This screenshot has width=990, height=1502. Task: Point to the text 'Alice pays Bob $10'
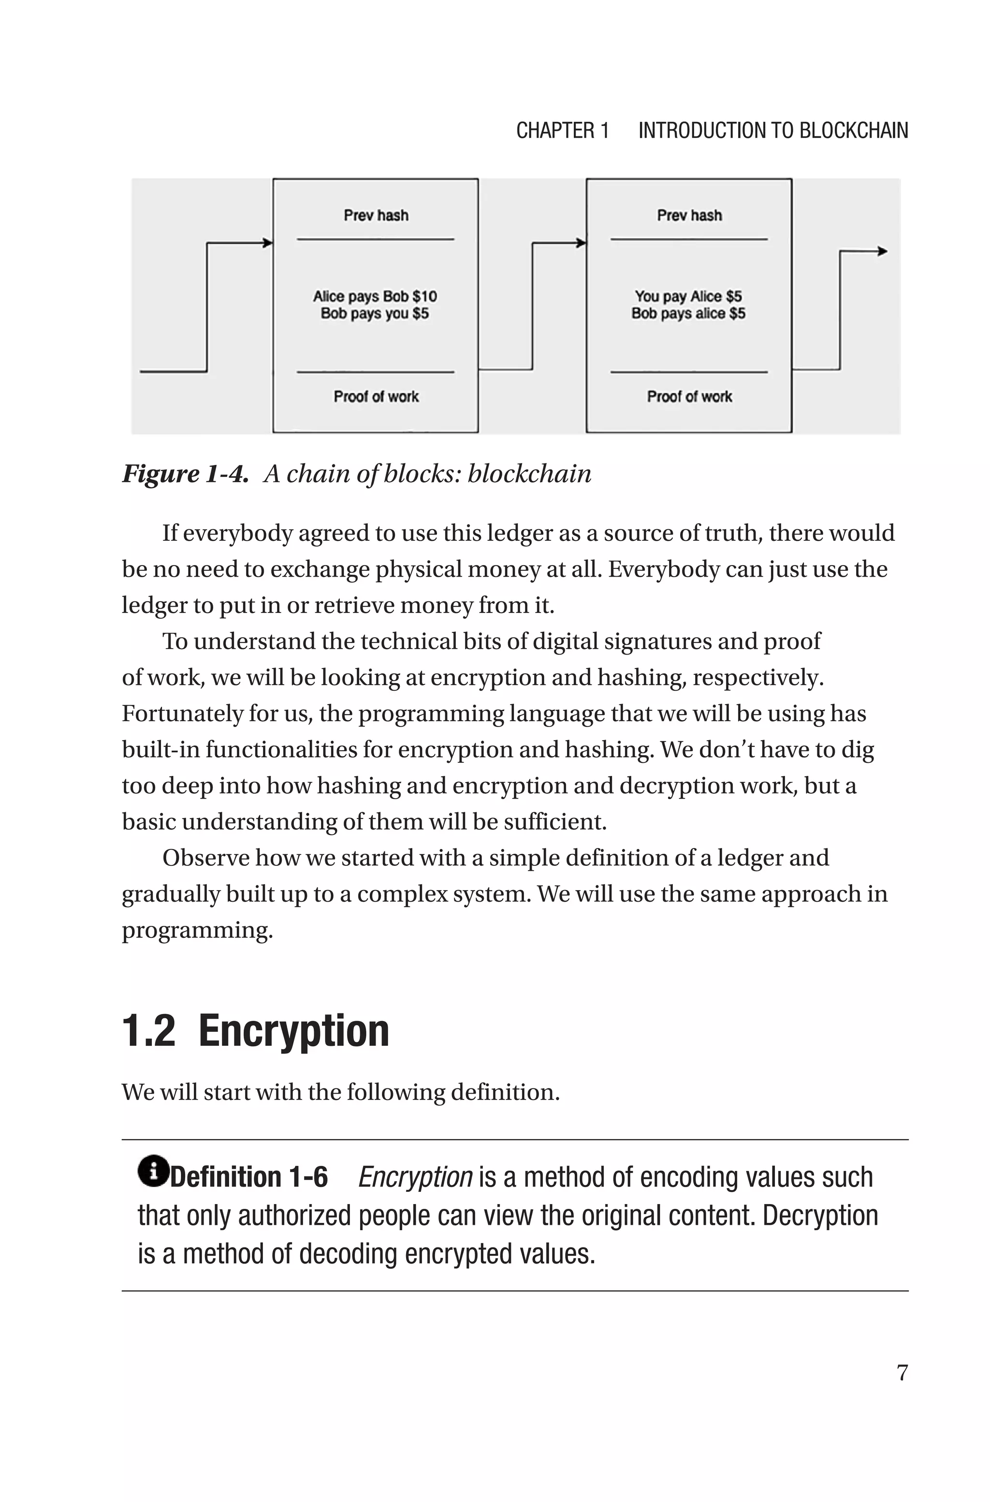pyautogui.click(x=375, y=296)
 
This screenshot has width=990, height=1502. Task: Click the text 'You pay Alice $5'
pyautogui.click(x=688, y=296)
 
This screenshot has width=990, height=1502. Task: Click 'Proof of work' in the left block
pyautogui.click(x=376, y=397)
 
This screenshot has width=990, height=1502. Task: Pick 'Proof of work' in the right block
pyautogui.click(x=689, y=397)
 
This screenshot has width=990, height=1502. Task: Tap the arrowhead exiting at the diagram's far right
pyautogui.click(x=883, y=252)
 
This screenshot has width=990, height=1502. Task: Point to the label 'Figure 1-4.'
pyautogui.click(x=185, y=474)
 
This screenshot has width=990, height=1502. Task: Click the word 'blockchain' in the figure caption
pyautogui.click(x=529, y=474)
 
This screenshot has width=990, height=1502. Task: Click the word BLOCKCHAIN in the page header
pyautogui.click(x=854, y=131)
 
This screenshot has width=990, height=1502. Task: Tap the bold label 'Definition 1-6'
pyautogui.click(x=249, y=1177)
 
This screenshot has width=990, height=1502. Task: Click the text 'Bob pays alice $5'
pyautogui.click(x=688, y=313)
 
